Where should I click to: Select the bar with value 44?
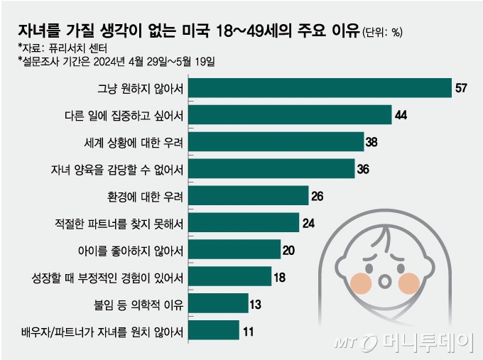point(292,115)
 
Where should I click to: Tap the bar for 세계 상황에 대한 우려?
point(278,142)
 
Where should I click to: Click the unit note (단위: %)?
point(383,32)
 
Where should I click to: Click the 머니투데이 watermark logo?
point(401,343)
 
